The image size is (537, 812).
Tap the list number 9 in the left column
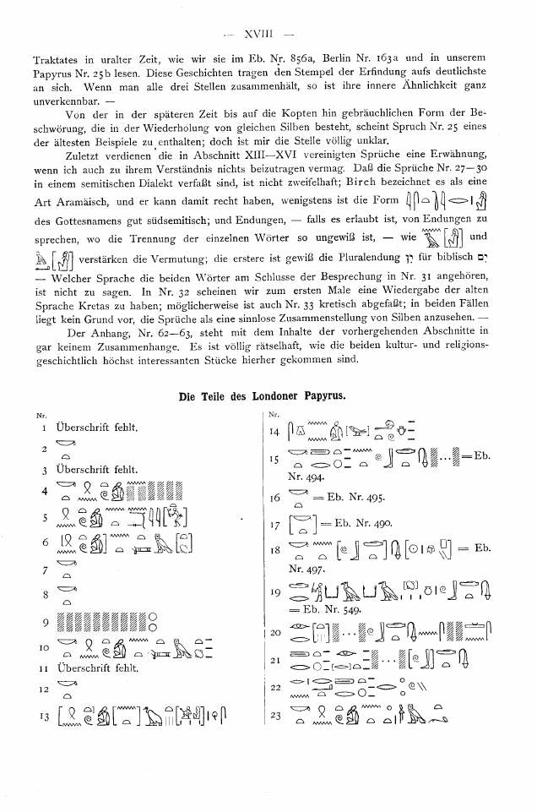(x=42, y=624)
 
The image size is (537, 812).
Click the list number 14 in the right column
(x=275, y=433)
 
